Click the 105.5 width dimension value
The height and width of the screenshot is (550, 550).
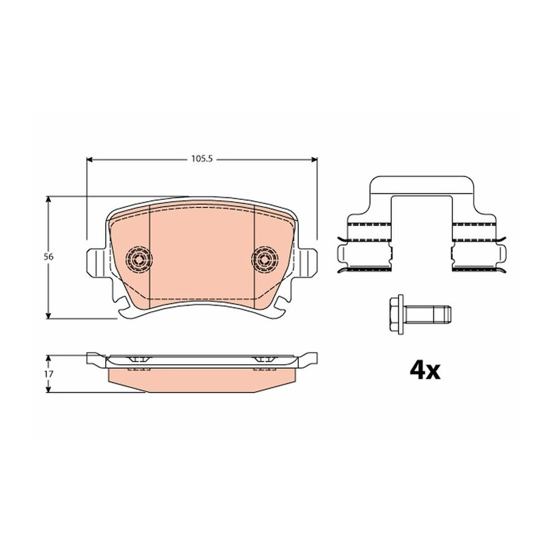[202, 159]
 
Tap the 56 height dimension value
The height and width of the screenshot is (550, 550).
[49, 257]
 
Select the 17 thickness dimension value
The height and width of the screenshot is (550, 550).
[49, 374]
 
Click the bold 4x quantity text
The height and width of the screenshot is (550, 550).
[425, 371]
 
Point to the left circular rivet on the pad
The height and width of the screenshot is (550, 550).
[139, 260]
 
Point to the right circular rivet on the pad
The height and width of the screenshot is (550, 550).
[265, 260]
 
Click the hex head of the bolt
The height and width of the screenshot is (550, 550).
[397, 314]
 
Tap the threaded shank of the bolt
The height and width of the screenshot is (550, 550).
[428, 314]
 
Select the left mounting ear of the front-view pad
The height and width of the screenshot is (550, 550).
[95, 262]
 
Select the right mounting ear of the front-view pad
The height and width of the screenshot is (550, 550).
[308, 262]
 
